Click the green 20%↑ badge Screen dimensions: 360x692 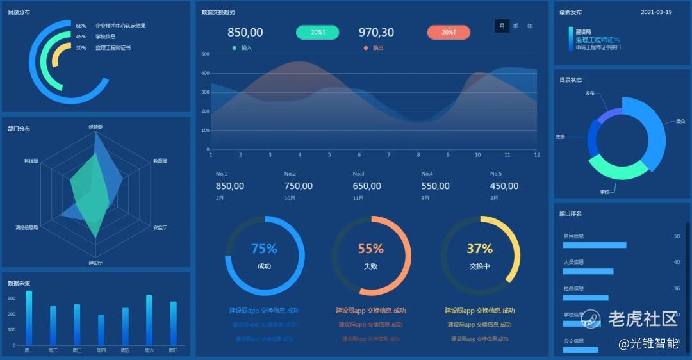click(x=317, y=33)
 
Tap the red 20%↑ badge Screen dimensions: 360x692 click(x=449, y=33)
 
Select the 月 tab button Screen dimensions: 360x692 click(x=502, y=26)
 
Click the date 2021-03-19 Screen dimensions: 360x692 click(x=656, y=12)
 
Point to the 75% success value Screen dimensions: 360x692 click(x=264, y=249)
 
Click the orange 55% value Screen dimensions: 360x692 click(x=370, y=249)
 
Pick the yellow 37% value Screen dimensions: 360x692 click(x=479, y=249)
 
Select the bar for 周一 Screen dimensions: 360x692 click(x=29, y=318)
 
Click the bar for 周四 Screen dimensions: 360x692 click(x=101, y=330)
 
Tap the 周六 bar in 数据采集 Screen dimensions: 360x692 click(x=149, y=320)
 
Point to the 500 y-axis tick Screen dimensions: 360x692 click(x=206, y=54)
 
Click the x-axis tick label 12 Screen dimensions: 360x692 click(x=537, y=155)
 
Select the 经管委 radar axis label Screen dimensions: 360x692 click(x=95, y=127)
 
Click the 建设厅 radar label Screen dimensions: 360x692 click(x=95, y=263)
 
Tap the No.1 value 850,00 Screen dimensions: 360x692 click(x=230, y=186)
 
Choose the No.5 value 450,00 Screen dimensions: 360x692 click(x=504, y=186)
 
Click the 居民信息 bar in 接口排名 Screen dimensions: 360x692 click(x=594, y=245)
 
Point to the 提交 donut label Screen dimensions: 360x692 click(x=680, y=121)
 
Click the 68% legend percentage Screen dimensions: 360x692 click(x=81, y=26)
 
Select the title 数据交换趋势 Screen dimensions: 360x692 click(x=218, y=12)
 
